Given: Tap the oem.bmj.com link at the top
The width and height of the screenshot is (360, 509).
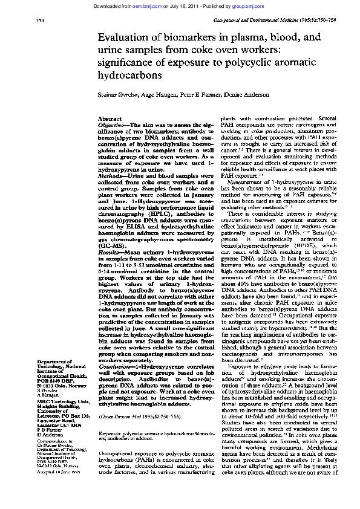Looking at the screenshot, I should [x=149, y=5].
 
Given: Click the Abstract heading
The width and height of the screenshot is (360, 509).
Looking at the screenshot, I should [x=110, y=119].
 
